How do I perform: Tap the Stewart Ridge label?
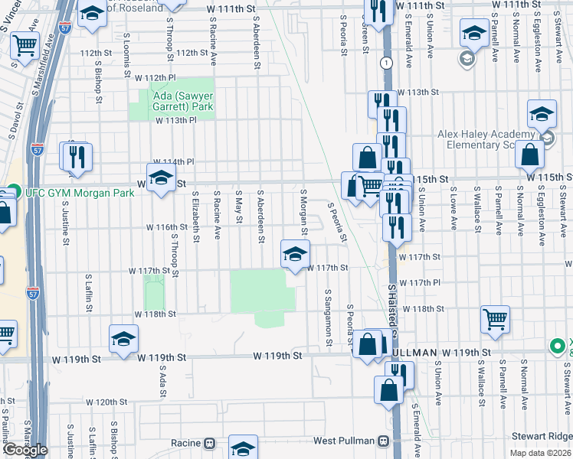click(x=545, y=436)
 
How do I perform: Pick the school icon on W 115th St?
click(x=161, y=180)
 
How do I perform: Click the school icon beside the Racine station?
click(x=244, y=448)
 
